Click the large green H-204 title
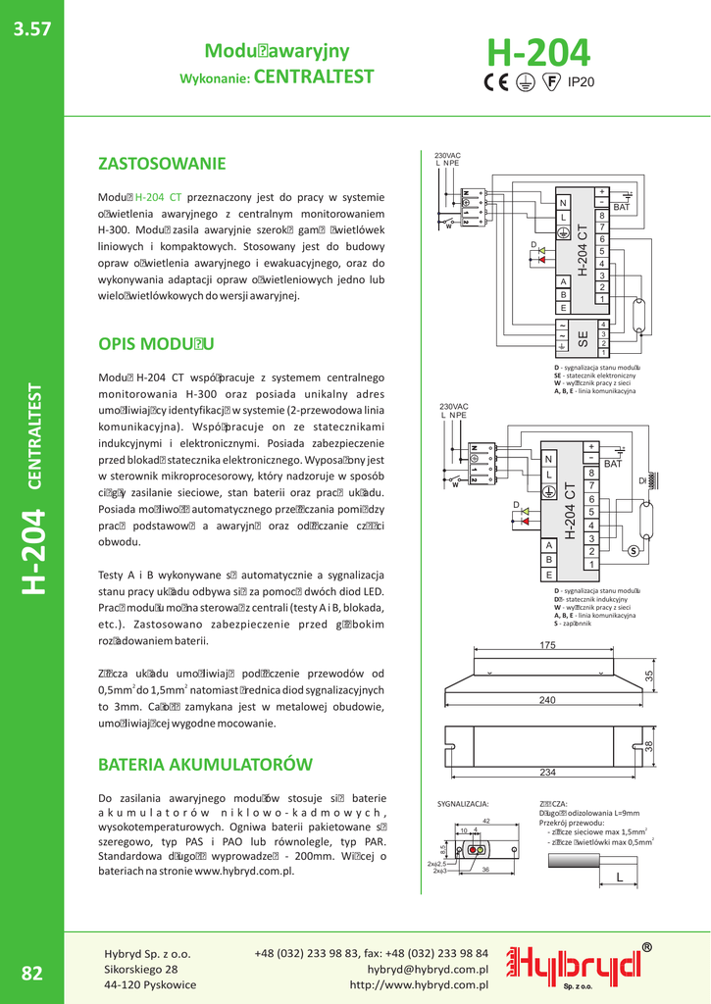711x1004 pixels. (538, 51)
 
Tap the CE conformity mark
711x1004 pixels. (499, 81)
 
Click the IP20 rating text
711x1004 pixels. (582, 82)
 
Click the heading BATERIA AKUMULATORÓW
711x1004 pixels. (205, 764)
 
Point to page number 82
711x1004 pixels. (31, 973)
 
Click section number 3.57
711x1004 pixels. (31, 29)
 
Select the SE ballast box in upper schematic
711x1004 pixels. (583, 337)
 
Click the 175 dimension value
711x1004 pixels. (547, 645)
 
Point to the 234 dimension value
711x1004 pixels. (547, 773)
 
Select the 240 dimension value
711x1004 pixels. (547, 700)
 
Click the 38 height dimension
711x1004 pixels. (649, 746)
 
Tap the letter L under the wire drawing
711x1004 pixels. (619, 877)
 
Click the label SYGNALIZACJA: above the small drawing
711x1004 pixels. (462, 804)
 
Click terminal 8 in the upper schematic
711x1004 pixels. (602, 215)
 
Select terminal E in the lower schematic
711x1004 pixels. (549, 575)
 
